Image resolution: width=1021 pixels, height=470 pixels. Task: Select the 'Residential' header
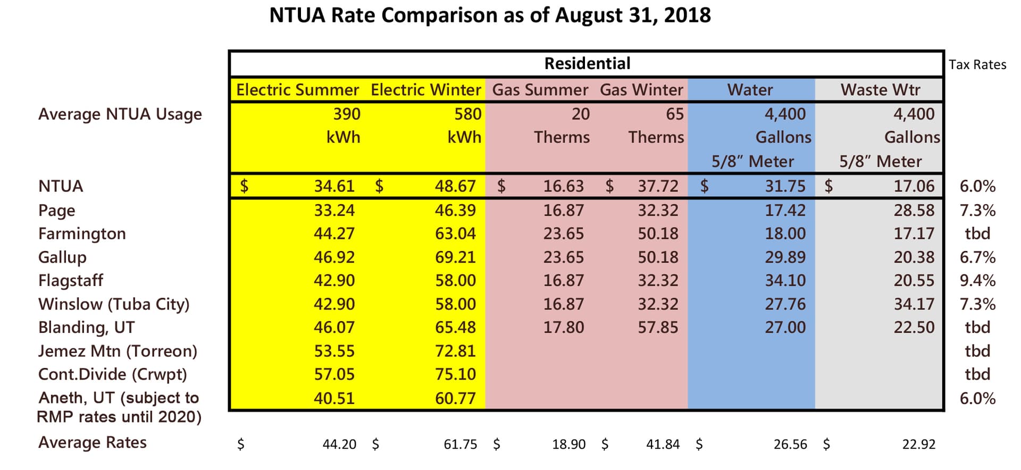click(587, 64)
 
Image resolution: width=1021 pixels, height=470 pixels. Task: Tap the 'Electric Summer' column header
click(297, 90)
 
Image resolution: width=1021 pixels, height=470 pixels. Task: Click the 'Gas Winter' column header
click(641, 90)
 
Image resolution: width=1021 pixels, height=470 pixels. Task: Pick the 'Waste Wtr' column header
click(880, 90)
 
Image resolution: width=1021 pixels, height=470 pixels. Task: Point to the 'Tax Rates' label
click(977, 65)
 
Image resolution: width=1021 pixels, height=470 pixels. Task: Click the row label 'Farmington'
click(82, 234)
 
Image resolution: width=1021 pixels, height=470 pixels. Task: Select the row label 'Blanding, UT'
click(86, 328)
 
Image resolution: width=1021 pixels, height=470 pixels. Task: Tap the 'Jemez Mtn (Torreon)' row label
click(118, 351)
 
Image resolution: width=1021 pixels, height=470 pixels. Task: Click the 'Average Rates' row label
click(92, 442)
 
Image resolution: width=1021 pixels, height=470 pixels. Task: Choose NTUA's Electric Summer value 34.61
click(334, 186)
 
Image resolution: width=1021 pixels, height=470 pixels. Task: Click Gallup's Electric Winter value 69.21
click(455, 257)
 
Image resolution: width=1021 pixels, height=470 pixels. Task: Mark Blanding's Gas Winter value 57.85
click(658, 328)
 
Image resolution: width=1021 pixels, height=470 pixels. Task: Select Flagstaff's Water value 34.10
click(785, 281)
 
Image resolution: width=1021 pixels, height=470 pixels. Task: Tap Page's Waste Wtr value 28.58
click(914, 211)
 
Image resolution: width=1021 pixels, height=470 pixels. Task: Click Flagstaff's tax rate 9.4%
click(977, 281)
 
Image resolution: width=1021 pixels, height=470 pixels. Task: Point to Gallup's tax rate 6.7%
click(977, 257)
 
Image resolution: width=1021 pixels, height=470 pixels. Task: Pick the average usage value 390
click(347, 114)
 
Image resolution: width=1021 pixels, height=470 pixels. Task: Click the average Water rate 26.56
click(790, 444)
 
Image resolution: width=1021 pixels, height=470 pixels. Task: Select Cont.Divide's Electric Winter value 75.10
click(455, 374)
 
